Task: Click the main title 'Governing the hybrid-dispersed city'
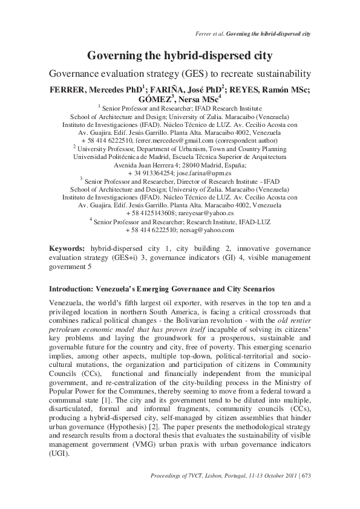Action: click(x=180, y=56)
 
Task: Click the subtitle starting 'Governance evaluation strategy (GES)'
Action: click(x=180, y=73)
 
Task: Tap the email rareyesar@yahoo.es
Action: click(x=203, y=213)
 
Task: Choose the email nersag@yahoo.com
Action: click(x=205, y=230)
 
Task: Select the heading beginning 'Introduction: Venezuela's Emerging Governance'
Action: click(x=162, y=290)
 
